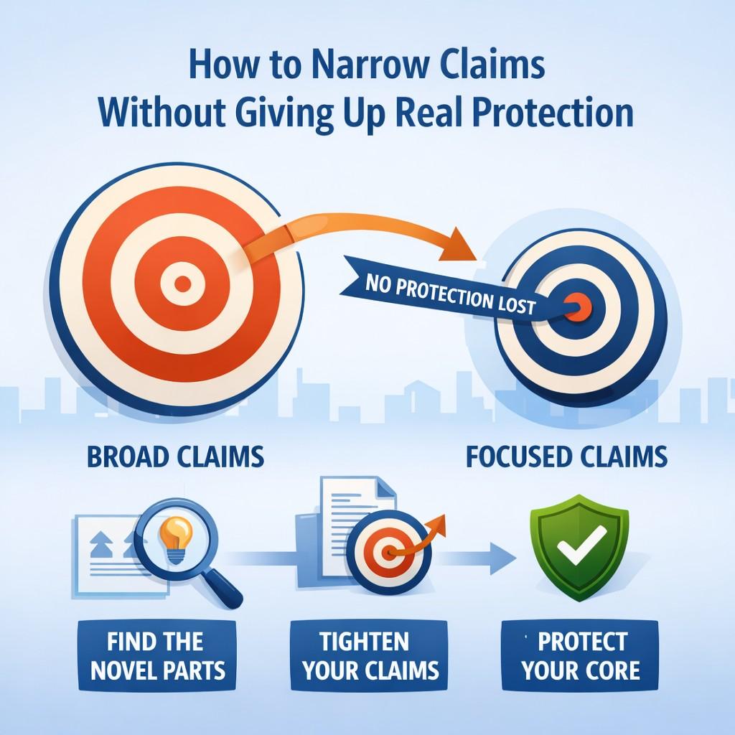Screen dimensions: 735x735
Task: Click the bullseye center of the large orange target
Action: point(182,284)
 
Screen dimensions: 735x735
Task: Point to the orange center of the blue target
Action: point(579,307)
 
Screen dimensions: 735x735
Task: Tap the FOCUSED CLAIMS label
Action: point(567,457)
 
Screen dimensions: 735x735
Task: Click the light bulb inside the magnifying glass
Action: point(176,538)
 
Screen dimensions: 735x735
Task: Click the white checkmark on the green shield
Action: point(581,544)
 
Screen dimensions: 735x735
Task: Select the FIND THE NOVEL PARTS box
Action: point(157,655)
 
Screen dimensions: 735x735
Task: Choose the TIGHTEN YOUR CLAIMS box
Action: point(370,655)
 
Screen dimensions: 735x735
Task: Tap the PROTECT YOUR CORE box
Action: point(580,655)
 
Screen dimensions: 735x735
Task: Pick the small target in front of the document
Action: point(389,552)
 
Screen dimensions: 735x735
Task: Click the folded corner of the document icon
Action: point(385,488)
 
